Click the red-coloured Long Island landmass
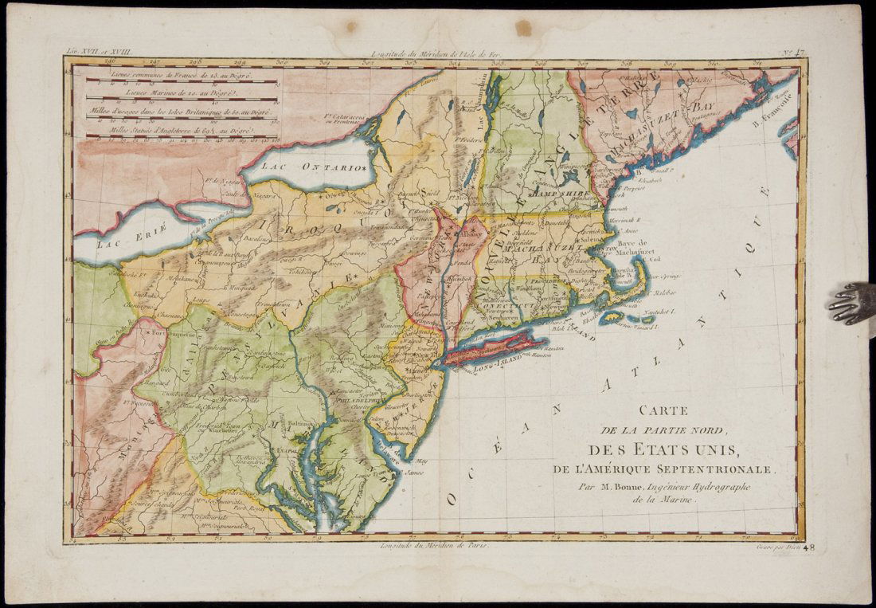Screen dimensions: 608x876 click(x=494, y=349)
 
